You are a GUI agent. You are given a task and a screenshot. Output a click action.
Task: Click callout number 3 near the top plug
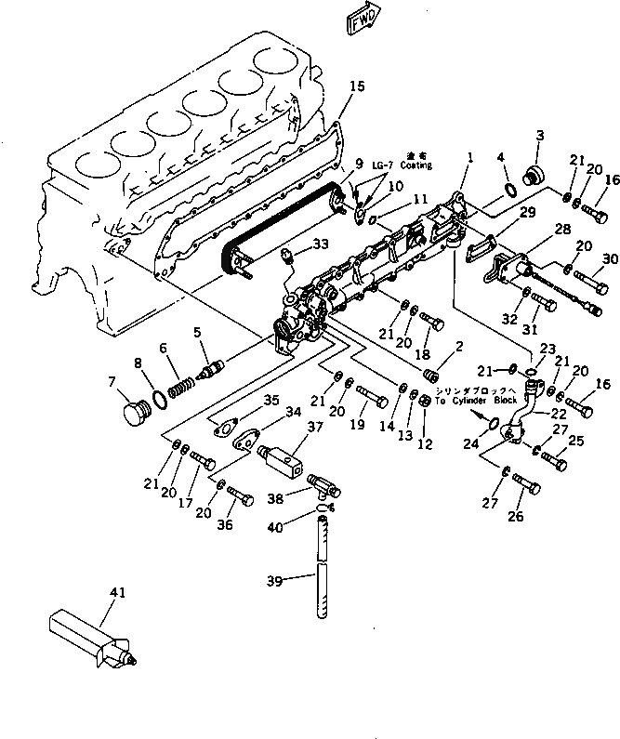[538, 138]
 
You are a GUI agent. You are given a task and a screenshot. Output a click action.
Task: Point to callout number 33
[320, 244]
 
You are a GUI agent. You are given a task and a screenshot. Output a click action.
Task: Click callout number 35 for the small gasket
[270, 401]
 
